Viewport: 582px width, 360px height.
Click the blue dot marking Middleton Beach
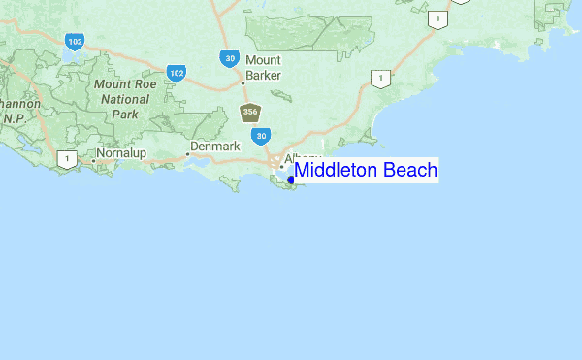(x=291, y=180)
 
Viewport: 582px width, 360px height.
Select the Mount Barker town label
(x=263, y=67)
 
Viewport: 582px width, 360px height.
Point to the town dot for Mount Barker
(x=242, y=82)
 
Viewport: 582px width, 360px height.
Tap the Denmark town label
(x=214, y=147)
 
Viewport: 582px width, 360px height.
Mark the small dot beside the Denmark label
(x=188, y=153)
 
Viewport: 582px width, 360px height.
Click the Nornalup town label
(x=120, y=153)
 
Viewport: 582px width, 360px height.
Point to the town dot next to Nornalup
(x=93, y=160)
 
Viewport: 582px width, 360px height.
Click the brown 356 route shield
(x=250, y=112)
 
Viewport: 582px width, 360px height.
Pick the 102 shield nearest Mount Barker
(x=176, y=73)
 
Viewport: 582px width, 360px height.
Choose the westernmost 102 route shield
(x=74, y=41)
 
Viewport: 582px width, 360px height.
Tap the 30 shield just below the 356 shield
(x=262, y=136)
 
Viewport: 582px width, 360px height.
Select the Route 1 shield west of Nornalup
(x=66, y=158)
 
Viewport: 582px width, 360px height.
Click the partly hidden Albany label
(x=301, y=157)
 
